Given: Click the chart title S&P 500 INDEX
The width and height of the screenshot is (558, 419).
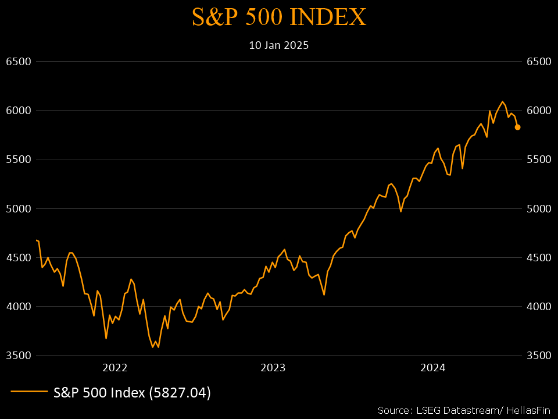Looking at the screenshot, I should pos(279,17).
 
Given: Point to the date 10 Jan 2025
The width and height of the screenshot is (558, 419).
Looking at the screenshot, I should pos(279,45).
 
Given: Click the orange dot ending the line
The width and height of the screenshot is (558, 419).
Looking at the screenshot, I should pos(517,127).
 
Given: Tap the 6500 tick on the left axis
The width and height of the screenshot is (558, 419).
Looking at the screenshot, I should pos(17,61).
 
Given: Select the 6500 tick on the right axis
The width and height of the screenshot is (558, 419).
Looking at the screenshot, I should pos(538,61).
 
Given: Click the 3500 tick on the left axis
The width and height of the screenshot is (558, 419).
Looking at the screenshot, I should pos(17,355).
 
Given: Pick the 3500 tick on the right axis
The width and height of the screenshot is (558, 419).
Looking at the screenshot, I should pos(538,355).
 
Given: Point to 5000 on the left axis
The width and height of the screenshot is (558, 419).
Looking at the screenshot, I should pos(17,208).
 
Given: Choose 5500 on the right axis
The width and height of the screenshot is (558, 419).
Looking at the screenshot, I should pos(538,159).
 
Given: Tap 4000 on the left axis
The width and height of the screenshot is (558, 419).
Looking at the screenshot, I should pos(17,306).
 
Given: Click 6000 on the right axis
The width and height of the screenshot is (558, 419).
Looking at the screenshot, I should pos(538,111).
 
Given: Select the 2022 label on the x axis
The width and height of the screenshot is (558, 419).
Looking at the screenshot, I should pos(115,368).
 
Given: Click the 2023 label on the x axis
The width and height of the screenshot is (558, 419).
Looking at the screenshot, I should pos(273,368).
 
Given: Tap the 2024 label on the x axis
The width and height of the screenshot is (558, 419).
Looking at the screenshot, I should pos(432,368).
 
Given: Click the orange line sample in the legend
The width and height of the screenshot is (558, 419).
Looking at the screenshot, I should pos(28,392).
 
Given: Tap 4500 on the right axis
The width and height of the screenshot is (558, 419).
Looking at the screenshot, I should pos(538,257).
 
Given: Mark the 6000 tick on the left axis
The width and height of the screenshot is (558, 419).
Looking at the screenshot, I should pos(17,111).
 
